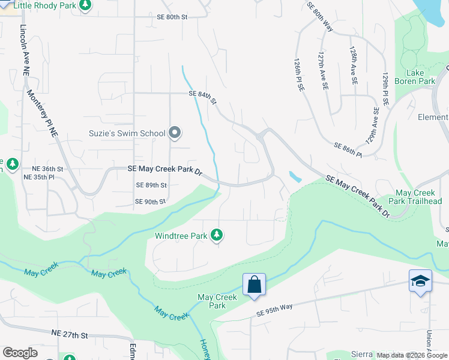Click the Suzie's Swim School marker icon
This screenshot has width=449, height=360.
(175, 133)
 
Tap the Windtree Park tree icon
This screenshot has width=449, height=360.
(217, 236)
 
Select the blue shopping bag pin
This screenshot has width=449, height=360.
(254, 284)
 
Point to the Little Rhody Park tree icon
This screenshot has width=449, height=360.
(85, 5)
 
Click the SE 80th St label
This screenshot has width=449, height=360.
(173, 17)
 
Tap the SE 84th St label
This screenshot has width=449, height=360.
(202, 96)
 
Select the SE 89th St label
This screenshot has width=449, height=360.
(151, 185)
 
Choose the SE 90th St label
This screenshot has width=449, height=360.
(150, 202)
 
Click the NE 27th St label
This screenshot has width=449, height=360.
(70, 334)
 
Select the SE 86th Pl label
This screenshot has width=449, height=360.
(348, 150)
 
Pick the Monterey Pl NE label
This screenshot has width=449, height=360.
(43, 115)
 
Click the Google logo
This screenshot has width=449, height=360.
(20, 353)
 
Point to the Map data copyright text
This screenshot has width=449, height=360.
(412, 355)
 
